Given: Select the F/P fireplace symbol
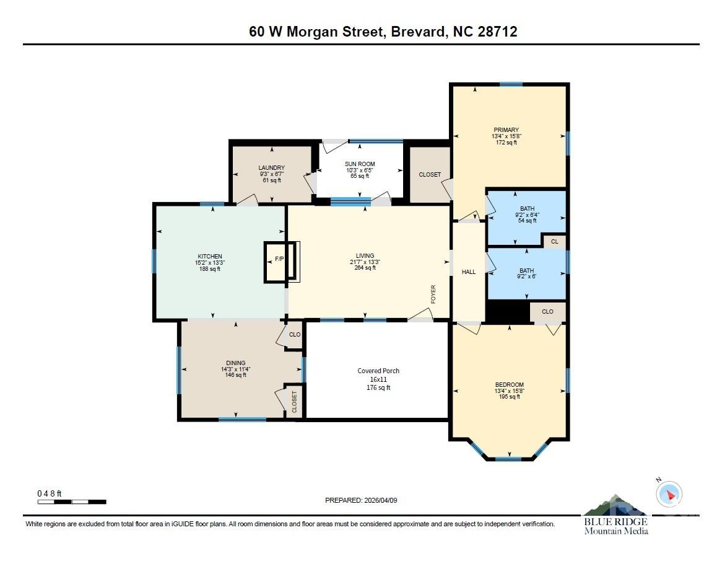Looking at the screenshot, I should coord(279,258).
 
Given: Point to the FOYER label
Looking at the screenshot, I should coord(433,294).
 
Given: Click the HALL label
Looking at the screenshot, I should coord(469,272).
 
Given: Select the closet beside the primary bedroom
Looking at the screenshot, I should coord(430,175).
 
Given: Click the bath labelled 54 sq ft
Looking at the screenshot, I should coord(527,214).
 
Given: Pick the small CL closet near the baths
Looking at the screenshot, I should coord(554,242).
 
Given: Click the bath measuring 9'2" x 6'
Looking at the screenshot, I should coord(526,273).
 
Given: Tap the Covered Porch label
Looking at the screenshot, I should coord(378,379).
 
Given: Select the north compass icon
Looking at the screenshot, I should coord(669,494).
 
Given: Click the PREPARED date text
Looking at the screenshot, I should coord(361,500).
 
